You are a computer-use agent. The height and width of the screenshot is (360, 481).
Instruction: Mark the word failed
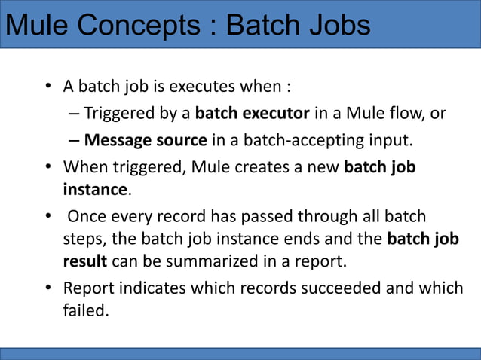coord(85,310)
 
